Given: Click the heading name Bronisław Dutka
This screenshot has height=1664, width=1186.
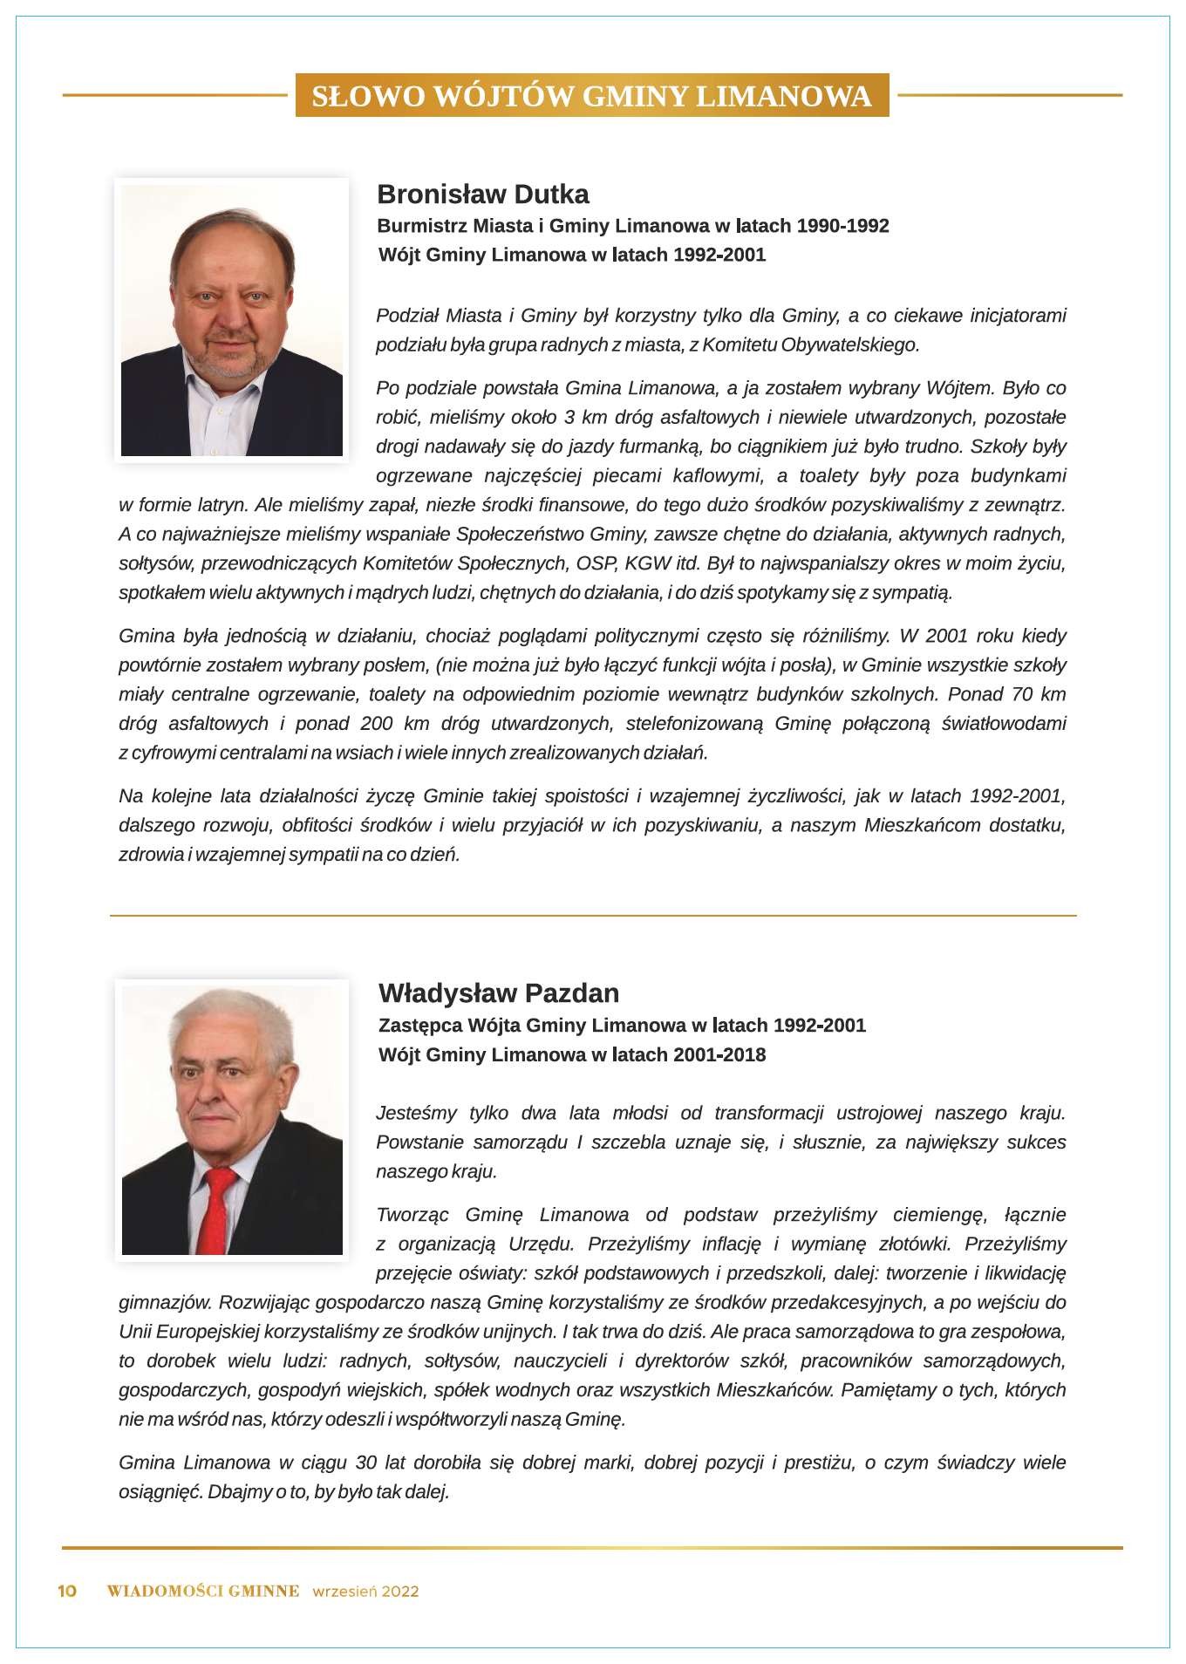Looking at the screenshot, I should tap(482, 194).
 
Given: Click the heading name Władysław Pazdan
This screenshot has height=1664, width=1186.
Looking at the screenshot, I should tap(499, 992).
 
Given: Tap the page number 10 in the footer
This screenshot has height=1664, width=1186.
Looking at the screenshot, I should tap(67, 1591).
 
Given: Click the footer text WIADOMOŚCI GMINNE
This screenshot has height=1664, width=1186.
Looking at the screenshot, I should tap(203, 1591).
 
